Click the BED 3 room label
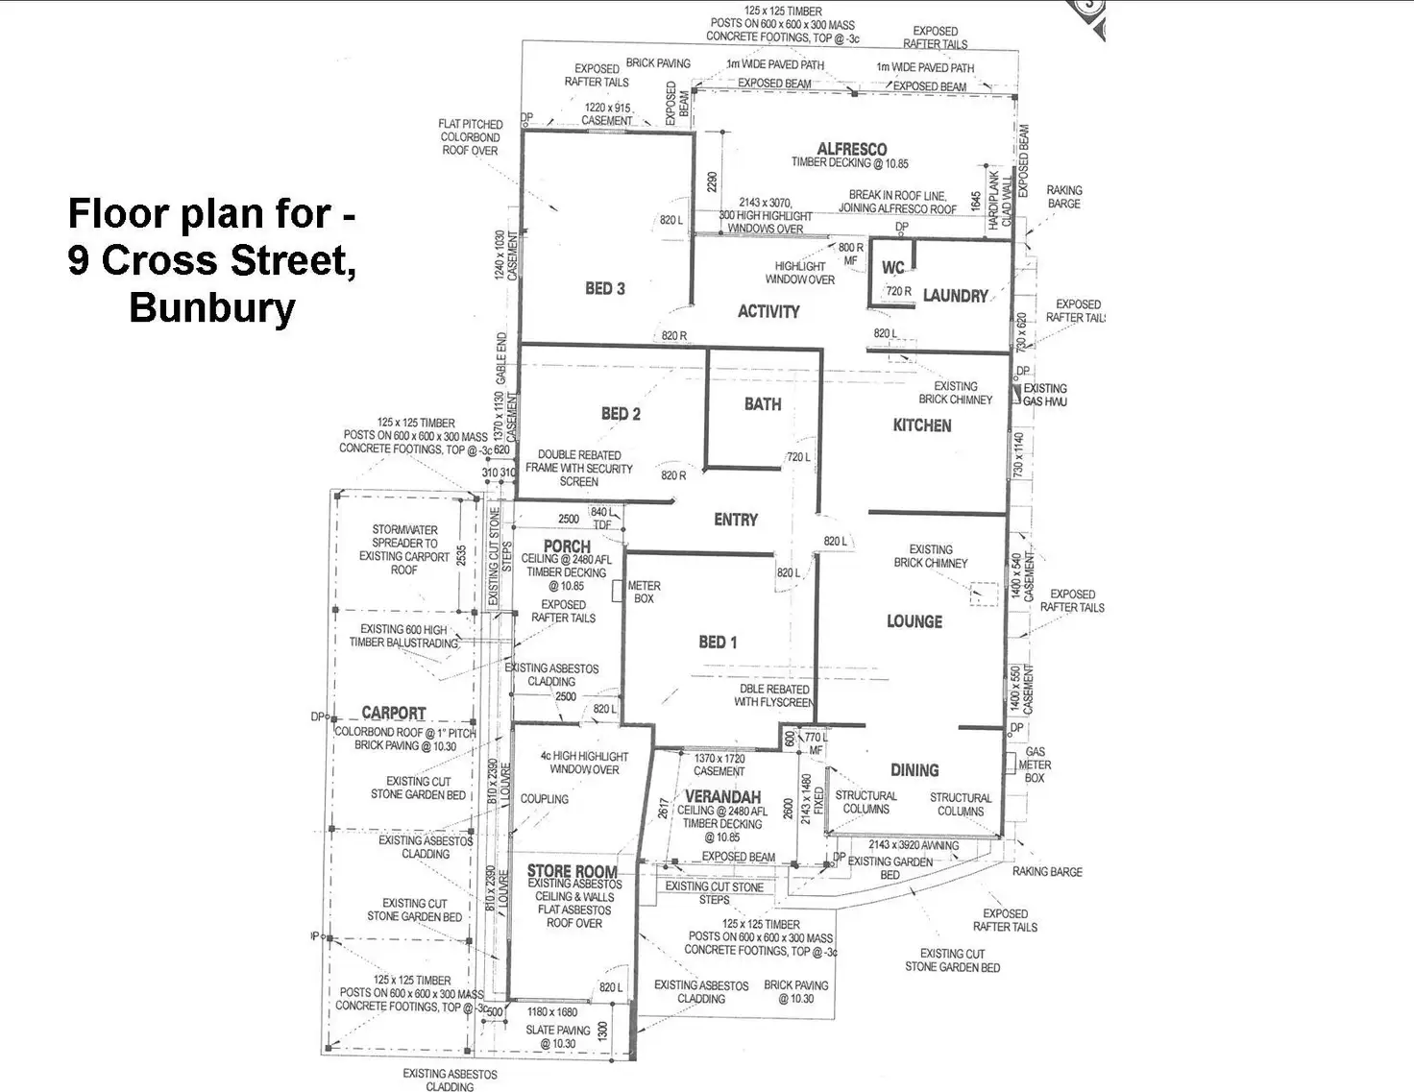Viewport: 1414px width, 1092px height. tap(605, 288)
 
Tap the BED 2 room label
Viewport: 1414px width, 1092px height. tap(621, 414)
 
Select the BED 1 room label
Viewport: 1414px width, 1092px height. tap(718, 642)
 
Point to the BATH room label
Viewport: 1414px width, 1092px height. tap(763, 404)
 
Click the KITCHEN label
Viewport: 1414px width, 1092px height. tap(922, 425)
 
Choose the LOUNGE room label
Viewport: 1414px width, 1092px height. tap(914, 621)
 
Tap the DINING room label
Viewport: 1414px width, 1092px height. tap(914, 769)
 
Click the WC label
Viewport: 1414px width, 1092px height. tap(892, 268)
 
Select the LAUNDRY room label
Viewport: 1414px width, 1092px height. tap(955, 296)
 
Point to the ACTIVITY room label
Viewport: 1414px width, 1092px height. tap(768, 311)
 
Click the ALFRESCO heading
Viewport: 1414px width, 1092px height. tap(852, 149)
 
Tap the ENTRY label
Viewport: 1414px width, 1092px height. tap(736, 520)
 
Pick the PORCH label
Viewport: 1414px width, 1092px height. tap(567, 546)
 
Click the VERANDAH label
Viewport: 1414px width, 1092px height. tap(723, 797)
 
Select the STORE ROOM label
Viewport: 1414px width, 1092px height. tap(573, 871)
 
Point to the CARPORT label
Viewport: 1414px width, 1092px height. tap(394, 713)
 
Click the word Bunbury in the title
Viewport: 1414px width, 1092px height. tap(212, 307)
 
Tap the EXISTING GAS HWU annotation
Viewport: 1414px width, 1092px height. tap(1045, 395)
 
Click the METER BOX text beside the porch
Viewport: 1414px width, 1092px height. tap(644, 592)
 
